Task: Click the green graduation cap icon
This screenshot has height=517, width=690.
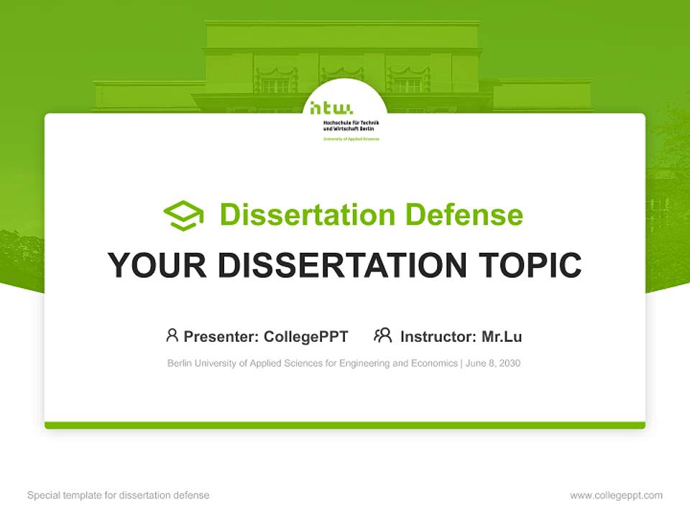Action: click(183, 215)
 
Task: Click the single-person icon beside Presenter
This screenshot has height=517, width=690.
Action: click(172, 335)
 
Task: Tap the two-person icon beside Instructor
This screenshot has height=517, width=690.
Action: click(382, 335)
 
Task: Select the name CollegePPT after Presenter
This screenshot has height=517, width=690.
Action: click(306, 337)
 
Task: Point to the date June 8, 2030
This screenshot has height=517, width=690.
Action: click(493, 363)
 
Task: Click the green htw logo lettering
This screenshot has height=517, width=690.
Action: click(331, 109)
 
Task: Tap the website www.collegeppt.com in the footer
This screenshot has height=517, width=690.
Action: click(616, 495)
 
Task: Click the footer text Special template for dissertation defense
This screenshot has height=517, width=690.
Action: click(119, 495)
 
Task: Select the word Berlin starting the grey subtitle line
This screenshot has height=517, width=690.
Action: click(180, 363)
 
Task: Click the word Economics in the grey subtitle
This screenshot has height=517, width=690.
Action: click(434, 363)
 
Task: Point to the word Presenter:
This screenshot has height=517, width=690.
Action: click(221, 337)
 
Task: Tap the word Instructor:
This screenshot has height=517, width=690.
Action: click(438, 337)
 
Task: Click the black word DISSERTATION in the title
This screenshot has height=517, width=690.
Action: click(342, 266)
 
